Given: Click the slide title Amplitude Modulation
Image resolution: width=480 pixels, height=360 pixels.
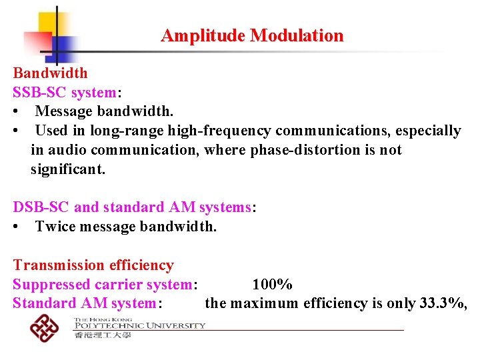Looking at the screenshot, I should coord(252,36).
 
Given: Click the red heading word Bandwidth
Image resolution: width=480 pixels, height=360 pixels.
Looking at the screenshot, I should coord(50,73).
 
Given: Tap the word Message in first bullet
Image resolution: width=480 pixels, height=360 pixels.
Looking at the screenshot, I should coord(63,111).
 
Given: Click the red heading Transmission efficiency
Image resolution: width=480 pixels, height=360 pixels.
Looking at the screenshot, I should coord(93,265).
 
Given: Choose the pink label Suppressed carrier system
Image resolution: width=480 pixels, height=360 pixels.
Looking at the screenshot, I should coord(102,285).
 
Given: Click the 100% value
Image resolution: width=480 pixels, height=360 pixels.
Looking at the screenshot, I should coord(272,285).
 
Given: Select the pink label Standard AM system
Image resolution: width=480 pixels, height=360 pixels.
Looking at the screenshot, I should coord(84,303).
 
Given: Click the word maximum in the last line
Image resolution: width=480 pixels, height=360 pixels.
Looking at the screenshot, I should coord(265,303).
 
